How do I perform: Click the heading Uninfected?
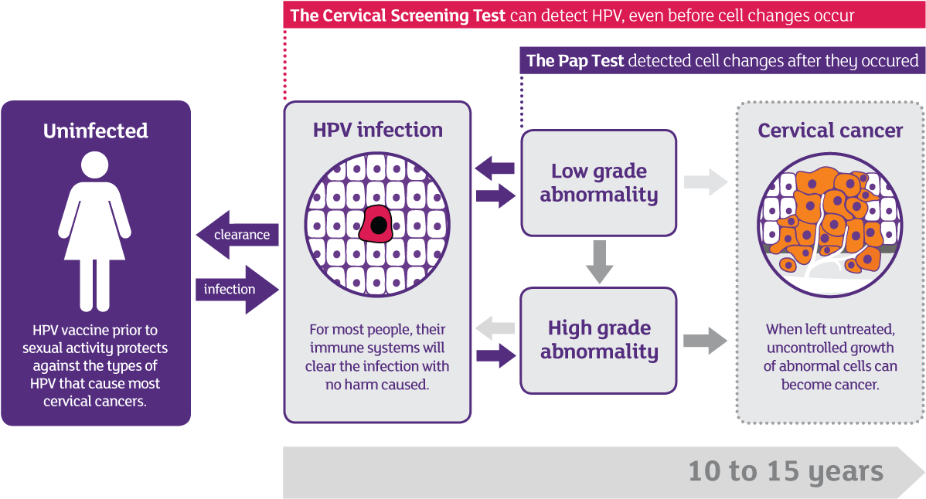tap(95, 131)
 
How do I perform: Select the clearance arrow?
tap(236, 235)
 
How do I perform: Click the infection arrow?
tap(237, 290)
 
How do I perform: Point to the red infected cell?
tap(377, 224)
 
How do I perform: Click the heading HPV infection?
tap(377, 130)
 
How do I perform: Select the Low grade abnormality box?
tap(598, 183)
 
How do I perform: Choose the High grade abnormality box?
tap(598, 340)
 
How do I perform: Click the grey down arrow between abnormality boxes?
tap(599, 262)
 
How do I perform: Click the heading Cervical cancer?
tap(830, 131)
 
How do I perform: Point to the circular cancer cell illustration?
tap(829, 225)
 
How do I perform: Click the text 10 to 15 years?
tap(785, 471)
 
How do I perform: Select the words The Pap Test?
tap(575, 61)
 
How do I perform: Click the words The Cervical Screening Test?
tap(397, 15)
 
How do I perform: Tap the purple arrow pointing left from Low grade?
tap(495, 168)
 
